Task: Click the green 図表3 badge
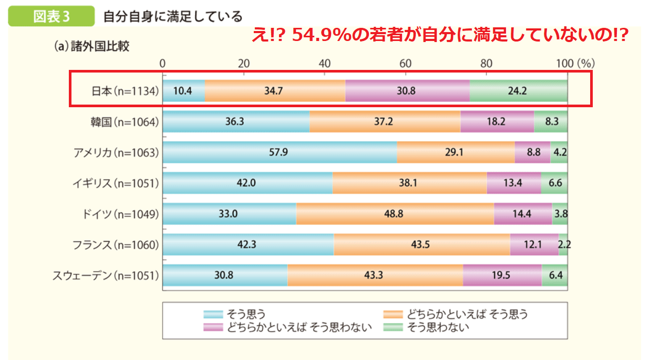pyautogui.click(x=51, y=16)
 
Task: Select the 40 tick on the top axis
pyautogui.click(x=325, y=64)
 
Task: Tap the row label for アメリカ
pyautogui.click(x=116, y=152)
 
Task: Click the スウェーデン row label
pyautogui.click(x=106, y=274)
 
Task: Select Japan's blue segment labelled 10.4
pyautogui.click(x=183, y=91)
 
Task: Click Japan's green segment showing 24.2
pyautogui.click(x=518, y=91)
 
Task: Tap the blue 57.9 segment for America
pyautogui.click(x=280, y=152)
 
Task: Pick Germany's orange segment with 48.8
pyautogui.click(x=395, y=214)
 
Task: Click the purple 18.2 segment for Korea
pyautogui.click(x=497, y=122)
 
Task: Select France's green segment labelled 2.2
pyautogui.click(x=563, y=244)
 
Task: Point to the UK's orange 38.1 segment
pyautogui.click(x=409, y=183)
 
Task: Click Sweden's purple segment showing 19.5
pyautogui.click(x=502, y=275)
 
